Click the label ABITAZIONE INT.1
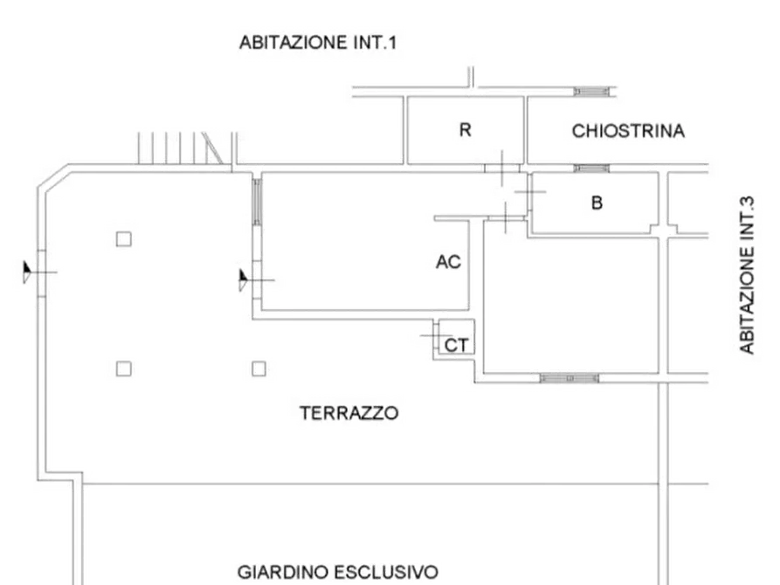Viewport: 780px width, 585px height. click(318, 42)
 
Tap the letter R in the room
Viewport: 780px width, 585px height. click(465, 130)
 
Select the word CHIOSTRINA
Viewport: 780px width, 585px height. click(628, 131)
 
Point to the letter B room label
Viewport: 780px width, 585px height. click(597, 203)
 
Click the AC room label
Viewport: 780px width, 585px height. click(448, 262)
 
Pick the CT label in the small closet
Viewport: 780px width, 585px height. click(456, 345)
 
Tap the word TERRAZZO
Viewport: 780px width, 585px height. click(349, 413)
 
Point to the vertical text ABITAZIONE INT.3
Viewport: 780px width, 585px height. click(747, 276)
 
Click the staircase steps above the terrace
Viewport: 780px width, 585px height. click(180, 148)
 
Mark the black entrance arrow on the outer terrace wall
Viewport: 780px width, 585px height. click(27, 272)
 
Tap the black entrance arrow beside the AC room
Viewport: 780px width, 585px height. click(243, 280)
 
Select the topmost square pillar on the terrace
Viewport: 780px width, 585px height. click(124, 239)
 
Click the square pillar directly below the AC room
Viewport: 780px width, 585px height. click(259, 368)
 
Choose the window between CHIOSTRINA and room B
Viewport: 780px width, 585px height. click(591, 169)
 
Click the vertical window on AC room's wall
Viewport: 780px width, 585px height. click(257, 202)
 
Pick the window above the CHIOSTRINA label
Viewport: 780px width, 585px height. click(591, 92)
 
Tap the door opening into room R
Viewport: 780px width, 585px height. click(502, 169)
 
